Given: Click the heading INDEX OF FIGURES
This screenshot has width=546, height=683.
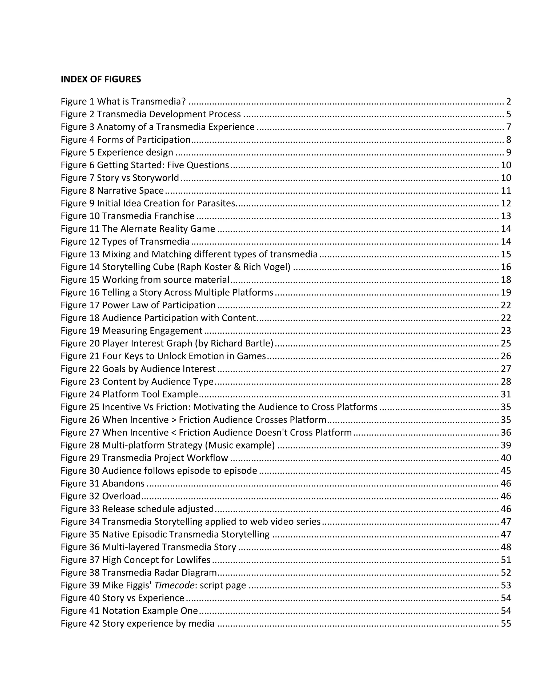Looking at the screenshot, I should (101, 79).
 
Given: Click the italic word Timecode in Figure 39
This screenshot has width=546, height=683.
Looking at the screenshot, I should (174, 585).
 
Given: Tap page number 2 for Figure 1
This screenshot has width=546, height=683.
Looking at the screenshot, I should (509, 101).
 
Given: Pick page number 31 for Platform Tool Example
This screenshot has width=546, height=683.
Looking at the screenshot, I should (506, 394).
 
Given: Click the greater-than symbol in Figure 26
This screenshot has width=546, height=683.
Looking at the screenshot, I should (174, 420).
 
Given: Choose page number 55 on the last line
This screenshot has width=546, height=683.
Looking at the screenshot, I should (506, 624).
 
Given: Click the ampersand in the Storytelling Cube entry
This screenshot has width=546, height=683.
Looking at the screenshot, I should (237, 267).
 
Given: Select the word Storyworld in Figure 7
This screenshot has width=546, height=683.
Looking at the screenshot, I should (155, 178).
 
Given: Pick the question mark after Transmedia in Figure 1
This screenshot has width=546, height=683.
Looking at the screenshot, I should (183, 101).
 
